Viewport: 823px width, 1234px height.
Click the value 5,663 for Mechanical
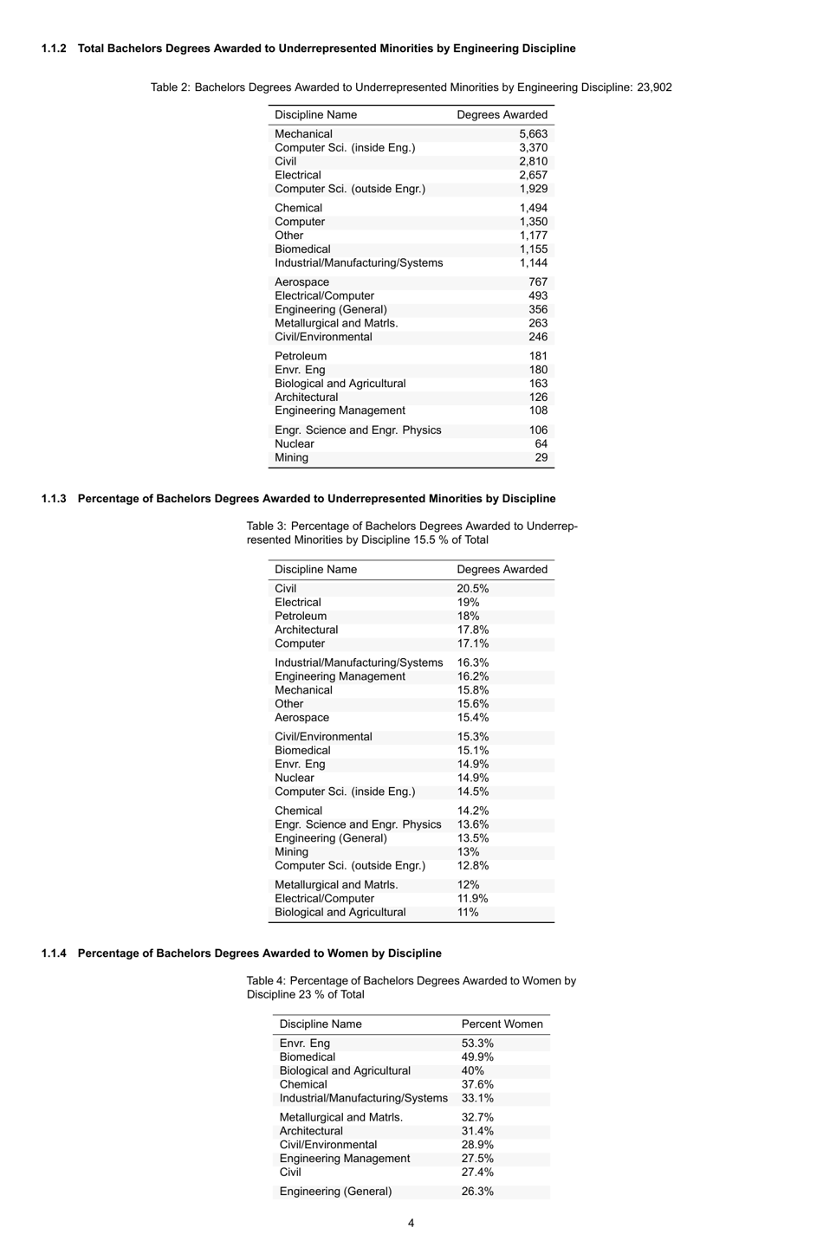coord(533,134)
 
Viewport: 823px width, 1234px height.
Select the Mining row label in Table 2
coord(291,457)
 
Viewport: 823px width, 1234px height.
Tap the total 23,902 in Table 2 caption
coord(654,87)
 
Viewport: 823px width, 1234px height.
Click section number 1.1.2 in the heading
coord(54,48)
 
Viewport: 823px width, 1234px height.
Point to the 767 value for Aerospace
coord(537,282)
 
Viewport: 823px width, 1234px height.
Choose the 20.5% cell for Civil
coord(472,589)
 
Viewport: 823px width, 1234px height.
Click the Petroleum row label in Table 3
coord(301,617)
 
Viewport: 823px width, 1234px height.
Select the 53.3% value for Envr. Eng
coord(477,1043)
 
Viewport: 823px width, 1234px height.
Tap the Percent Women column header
coord(502,1024)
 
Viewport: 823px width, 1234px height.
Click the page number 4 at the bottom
coord(411,1223)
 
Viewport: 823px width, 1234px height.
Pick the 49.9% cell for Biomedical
coord(477,1057)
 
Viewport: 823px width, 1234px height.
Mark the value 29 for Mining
coord(541,457)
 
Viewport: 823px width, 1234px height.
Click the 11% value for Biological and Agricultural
coord(468,913)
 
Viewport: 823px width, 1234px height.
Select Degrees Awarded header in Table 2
coord(502,115)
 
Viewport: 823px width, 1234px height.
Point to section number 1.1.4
coord(54,953)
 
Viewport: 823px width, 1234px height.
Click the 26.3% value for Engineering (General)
coord(477,1192)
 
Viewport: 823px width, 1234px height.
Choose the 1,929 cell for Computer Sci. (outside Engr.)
coord(533,189)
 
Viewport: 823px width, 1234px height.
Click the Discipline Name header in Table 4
coord(321,1024)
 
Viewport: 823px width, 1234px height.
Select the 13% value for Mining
coord(468,852)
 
